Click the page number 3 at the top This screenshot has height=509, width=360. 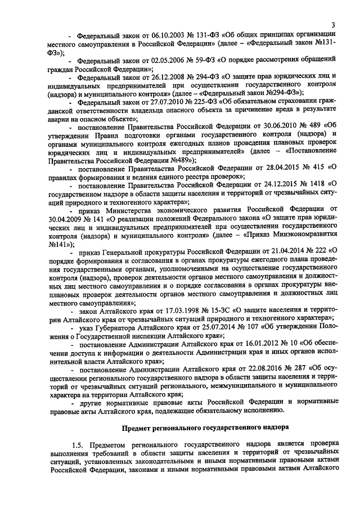tap(333, 25)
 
